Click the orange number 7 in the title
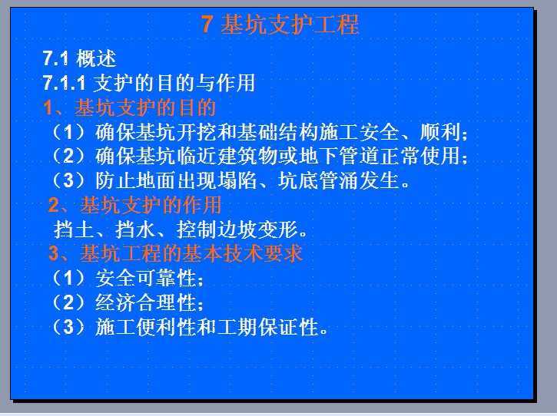[x=207, y=24]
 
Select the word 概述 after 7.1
[x=96, y=58]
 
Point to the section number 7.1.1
[x=64, y=83]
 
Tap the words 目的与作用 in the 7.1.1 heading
[x=206, y=83]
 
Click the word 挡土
[x=74, y=229]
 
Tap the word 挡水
[x=135, y=229]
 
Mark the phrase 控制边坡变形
[x=237, y=229]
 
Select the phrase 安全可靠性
[x=146, y=278]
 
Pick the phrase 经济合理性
[x=146, y=302]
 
